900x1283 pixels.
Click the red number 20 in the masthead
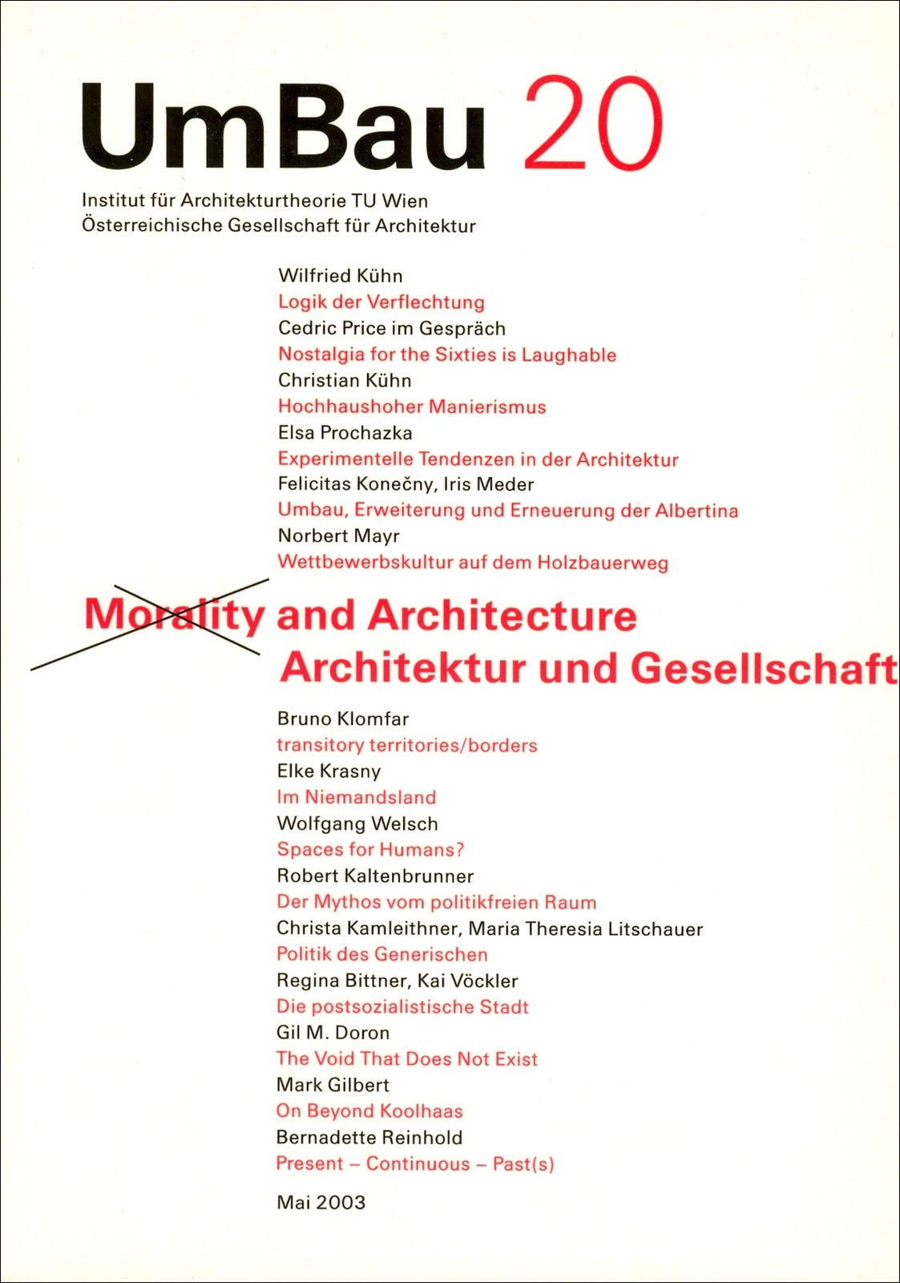click(x=593, y=124)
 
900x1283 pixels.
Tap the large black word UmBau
click(x=284, y=128)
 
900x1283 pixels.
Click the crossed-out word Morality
click(x=174, y=616)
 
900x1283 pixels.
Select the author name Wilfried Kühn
click(x=341, y=276)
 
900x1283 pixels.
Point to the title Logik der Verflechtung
click(x=381, y=302)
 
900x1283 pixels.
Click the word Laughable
click(x=569, y=354)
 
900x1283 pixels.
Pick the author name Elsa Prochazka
click(x=345, y=433)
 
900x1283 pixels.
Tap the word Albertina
click(x=696, y=511)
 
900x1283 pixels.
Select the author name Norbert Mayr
click(x=339, y=536)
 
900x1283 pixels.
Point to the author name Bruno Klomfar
click(x=343, y=718)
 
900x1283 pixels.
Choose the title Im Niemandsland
click(x=357, y=797)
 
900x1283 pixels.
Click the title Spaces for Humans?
click(x=370, y=849)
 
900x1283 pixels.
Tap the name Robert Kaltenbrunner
click(x=375, y=876)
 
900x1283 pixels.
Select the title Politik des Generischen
click(x=382, y=954)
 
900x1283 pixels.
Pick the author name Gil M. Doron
click(x=333, y=1033)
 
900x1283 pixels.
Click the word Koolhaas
click(x=422, y=1111)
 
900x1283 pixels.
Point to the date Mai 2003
click(x=321, y=1202)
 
